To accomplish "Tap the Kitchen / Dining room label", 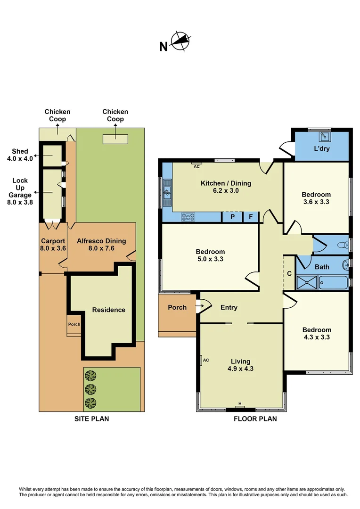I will (226, 187).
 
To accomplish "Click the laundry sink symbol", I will (325, 136).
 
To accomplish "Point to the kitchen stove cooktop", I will (188, 217).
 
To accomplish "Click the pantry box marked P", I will (232, 217).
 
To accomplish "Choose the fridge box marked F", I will (251, 217).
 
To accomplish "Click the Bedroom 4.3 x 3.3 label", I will (317, 333).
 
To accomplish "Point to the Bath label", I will (322, 267).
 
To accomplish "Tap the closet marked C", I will (289, 273).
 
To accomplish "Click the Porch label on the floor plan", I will (177, 307).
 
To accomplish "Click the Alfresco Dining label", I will (101, 245).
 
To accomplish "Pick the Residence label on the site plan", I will (108, 310).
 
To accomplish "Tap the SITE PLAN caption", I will (92, 419).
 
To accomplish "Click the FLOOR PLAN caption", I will (255, 419).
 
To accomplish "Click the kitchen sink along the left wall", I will (167, 192).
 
